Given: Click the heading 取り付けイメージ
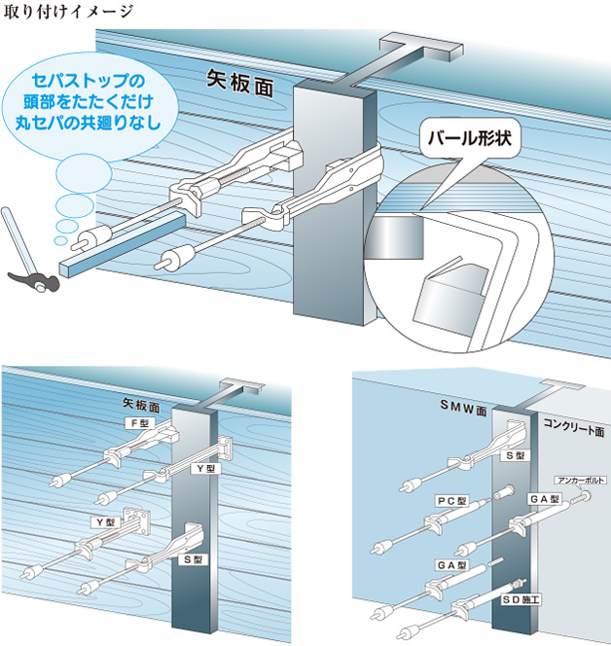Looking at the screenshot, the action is (69, 11).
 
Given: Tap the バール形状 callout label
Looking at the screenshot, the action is (470, 138).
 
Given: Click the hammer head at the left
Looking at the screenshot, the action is (34, 282).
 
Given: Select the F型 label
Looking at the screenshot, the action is (140, 423).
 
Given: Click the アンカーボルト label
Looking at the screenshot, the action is (580, 480).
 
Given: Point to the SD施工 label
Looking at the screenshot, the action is (521, 599).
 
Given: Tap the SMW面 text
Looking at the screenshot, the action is (463, 408).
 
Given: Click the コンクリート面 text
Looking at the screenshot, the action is (574, 427).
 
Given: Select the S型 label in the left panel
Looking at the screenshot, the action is (193, 559).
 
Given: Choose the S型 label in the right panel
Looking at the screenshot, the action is (515, 455).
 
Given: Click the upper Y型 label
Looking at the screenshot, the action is (206, 468).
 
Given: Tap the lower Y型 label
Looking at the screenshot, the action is (105, 522).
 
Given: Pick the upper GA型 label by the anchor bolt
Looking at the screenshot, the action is (544, 499).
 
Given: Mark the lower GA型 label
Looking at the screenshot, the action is (451, 565).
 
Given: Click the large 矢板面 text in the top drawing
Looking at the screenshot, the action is (240, 84).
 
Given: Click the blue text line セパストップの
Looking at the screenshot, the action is (88, 80).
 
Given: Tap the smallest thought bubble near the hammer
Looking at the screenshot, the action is (60, 240).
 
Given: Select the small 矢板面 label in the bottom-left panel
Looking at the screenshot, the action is (141, 406).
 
